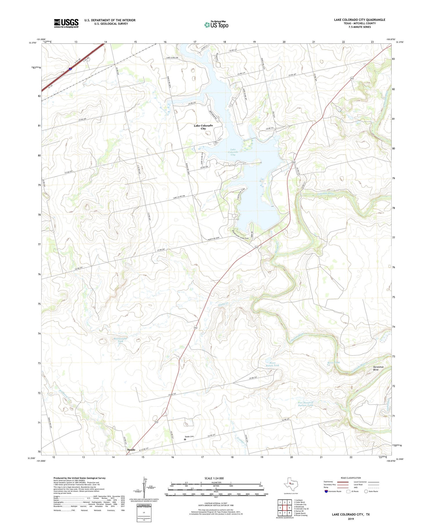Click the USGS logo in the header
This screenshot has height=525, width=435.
(x=66, y=23)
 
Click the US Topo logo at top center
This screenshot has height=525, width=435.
(x=216, y=25)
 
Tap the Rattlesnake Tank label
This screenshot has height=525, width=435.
(x=121, y=340)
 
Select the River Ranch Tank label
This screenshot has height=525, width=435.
(x=272, y=364)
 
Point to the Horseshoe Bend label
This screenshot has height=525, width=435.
(x=378, y=368)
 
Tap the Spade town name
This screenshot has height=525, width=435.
(x=131, y=449)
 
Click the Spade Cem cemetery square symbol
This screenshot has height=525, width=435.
(x=185, y=439)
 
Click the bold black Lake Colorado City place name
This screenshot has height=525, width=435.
(x=203, y=127)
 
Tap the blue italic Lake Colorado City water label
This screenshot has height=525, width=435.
(x=233, y=152)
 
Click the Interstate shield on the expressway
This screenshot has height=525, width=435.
(x=70, y=69)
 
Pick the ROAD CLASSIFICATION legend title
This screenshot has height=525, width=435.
(x=351, y=478)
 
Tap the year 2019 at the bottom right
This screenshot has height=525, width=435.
(x=351, y=519)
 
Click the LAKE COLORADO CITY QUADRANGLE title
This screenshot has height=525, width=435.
(x=359, y=20)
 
